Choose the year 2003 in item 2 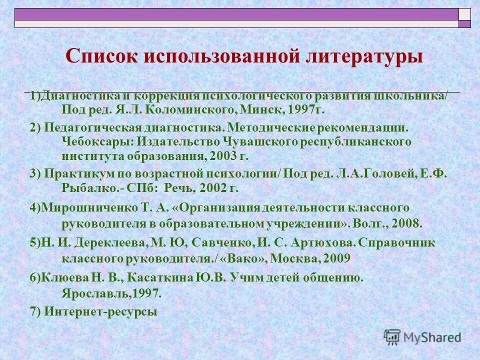(221, 156)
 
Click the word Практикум (73, 173)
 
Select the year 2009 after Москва (336, 258)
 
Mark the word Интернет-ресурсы (100, 311)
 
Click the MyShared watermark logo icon (392, 336)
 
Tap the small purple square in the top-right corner (465, 23)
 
